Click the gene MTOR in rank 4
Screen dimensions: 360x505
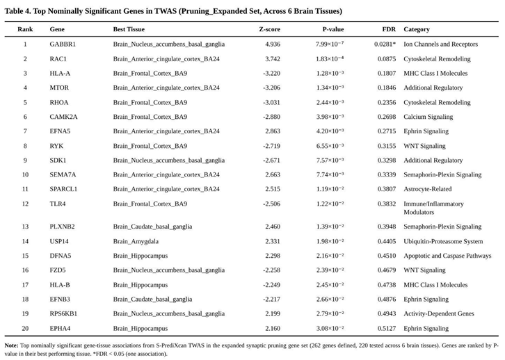[x=58, y=88]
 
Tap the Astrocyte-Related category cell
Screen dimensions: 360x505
[x=427, y=189]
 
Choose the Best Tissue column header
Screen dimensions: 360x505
[x=129, y=29]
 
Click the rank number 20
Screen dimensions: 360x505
[x=25, y=328]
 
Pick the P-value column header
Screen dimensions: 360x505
[x=332, y=29]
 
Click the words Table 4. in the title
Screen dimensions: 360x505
[x=19, y=10]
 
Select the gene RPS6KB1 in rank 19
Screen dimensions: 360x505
[x=63, y=313]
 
